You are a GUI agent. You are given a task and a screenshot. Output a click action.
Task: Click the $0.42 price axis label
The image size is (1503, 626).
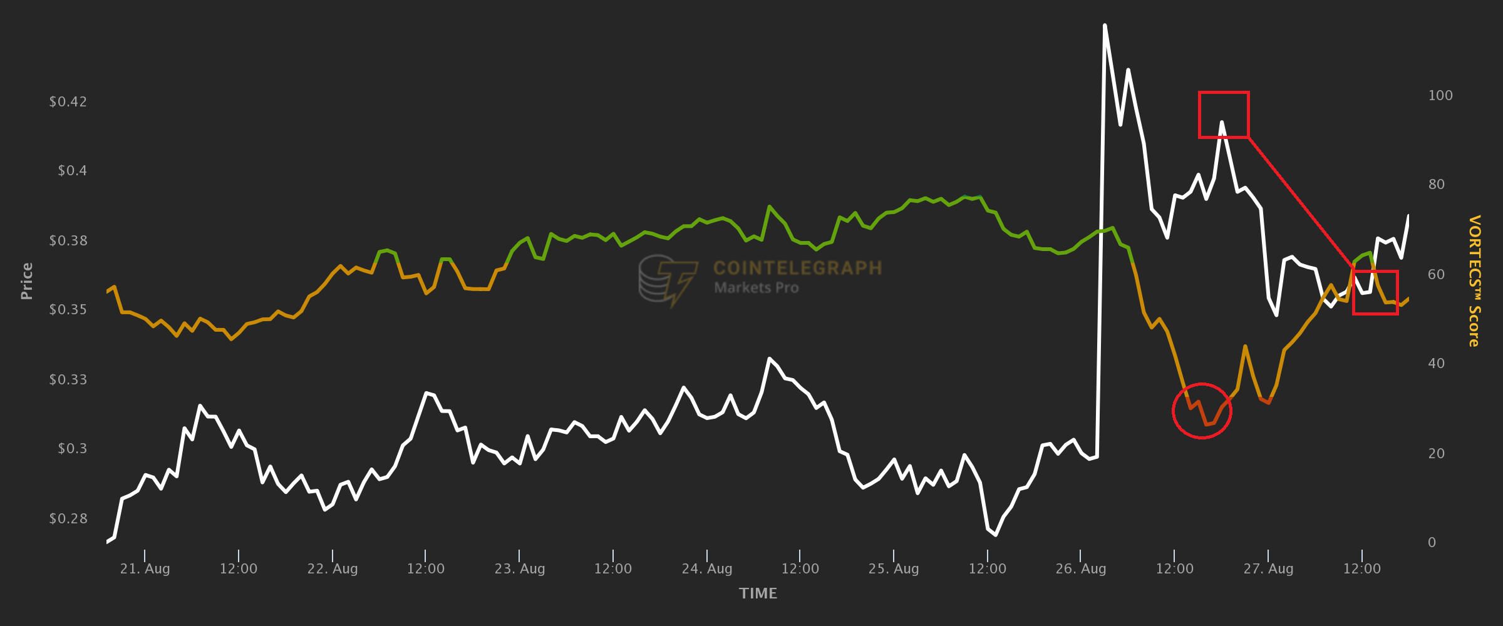(68, 101)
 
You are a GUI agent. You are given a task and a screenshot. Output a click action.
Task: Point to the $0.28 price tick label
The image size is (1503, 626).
(68, 518)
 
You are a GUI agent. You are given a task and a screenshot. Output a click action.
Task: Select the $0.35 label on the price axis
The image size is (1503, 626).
(68, 309)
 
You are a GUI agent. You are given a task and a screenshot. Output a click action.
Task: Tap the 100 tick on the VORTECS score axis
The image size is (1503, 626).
(1440, 95)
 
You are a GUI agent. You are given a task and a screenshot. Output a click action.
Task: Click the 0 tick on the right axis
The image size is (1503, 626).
(1432, 542)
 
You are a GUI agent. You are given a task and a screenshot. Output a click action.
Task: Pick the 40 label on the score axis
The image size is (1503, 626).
(1437, 363)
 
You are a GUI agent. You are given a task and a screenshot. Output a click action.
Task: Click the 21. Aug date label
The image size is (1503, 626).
(145, 568)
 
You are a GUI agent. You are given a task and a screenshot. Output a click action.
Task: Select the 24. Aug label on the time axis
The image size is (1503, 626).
(706, 568)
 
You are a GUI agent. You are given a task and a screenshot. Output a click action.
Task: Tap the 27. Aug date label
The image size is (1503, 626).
(1268, 568)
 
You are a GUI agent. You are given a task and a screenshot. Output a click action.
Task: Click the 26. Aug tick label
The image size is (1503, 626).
(1080, 568)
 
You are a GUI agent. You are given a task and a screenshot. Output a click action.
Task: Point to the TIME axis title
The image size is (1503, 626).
(758, 593)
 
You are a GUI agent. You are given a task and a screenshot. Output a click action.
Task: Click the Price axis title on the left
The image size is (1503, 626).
(26, 281)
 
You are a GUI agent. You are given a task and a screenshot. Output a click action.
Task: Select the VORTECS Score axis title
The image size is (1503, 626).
(1475, 281)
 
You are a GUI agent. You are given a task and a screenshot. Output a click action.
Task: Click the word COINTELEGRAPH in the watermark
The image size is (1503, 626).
(797, 268)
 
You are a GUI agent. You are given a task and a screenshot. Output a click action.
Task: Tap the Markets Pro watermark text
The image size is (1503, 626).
(757, 288)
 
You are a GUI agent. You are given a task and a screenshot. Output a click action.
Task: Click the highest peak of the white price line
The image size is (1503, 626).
(1105, 26)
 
